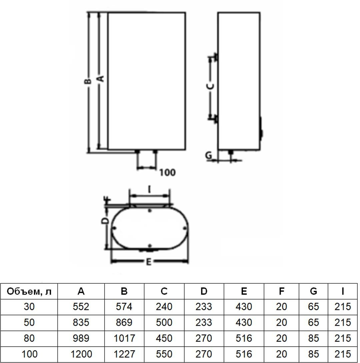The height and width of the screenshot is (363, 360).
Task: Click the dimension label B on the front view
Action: [x=88, y=81]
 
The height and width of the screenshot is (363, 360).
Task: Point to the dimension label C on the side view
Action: [x=210, y=86]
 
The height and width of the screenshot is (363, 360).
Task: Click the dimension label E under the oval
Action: [x=149, y=262]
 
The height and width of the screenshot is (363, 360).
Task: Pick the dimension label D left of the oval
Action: [x=105, y=221]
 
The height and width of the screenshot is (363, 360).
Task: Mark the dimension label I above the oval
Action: [x=149, y=190]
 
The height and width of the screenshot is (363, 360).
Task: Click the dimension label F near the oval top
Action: [x=108, y=200]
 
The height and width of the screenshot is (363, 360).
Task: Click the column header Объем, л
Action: [x=29, y=292]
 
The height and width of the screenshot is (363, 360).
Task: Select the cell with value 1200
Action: [x=81, y=354]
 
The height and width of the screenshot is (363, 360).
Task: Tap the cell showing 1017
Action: [x=124, y=338]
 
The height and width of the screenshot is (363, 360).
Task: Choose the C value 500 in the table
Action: [x=164, y=323]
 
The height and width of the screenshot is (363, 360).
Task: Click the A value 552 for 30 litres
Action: [x=81, y=307]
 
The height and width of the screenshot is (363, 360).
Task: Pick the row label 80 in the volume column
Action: [x=29, y=338]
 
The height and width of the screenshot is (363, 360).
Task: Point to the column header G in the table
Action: [x=313, y=291]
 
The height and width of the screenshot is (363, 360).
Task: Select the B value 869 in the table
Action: [x=124, y=323]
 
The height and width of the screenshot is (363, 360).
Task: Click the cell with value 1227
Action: [x=124, y=354]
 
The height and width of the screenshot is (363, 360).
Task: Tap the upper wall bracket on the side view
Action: [x=215, y=56]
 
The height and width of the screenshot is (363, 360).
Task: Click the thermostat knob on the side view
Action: [x=261, y=130]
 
